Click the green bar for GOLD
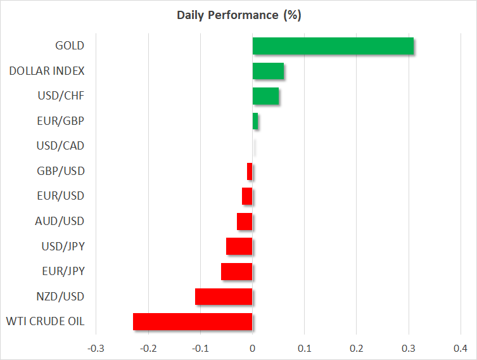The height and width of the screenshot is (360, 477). (x=333, y=46)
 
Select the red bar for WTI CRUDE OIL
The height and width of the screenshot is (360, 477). (x=193, y=322)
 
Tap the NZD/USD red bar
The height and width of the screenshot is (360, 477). (x=224, y=297)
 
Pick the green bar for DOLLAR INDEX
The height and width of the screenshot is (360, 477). (x=268, y=71)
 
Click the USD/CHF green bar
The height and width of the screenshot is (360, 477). (x=265, y=96)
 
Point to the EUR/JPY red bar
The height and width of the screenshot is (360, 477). (x=237, y=272)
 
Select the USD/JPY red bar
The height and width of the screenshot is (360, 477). (x=239, y=247)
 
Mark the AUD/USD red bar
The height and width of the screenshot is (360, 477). (x=245, y=221)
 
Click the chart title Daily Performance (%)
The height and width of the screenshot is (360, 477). (x=238, y=15)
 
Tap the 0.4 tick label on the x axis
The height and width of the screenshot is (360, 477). (x=461, y=348)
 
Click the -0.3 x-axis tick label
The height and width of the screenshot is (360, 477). (x=96, y=348)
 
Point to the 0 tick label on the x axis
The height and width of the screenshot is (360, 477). (x=252, y=348)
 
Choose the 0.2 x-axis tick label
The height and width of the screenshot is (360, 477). (x=356, y=348)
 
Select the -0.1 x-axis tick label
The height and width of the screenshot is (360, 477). (x=200, y=348)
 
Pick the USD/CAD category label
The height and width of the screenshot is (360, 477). (x=61, y=146)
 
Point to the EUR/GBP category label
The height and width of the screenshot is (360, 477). (x=61, y=121)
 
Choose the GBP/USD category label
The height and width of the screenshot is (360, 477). (x=61, y=171)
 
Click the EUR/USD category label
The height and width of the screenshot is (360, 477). (x=61, y=196)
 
